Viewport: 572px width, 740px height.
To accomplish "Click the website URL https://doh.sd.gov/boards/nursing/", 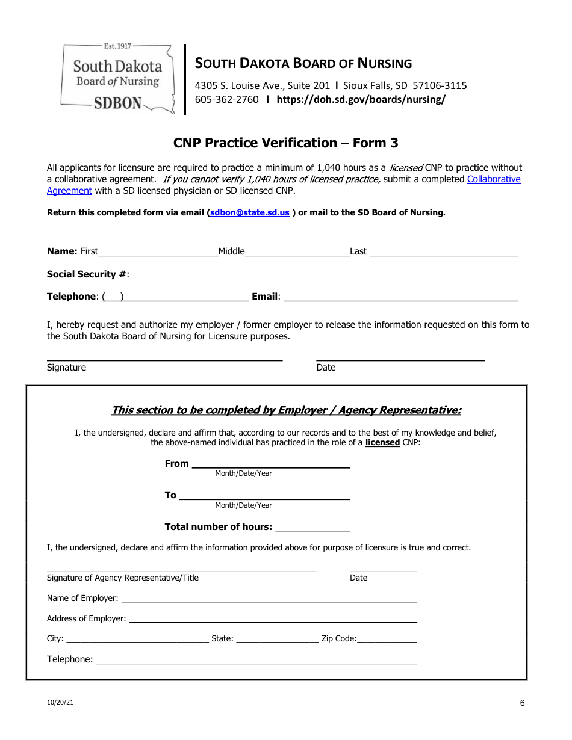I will tap(361, 100).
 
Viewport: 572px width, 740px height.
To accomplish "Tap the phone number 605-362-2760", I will tap(226, 100).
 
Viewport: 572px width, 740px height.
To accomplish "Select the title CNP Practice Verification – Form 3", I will tap(285, 143).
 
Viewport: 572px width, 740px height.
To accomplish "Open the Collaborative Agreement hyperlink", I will tap(494, 179).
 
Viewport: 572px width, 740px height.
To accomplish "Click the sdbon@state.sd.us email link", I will tap(249, 212).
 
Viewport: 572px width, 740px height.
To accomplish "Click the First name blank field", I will tap(158, 251).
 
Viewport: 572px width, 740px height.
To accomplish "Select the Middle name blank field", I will tap(297, 251).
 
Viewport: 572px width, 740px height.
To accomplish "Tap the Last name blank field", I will tap(443, 251).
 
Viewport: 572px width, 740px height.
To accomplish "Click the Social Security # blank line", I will tap(208, 274).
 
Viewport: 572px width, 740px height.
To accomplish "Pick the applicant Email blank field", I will tap(400, 296).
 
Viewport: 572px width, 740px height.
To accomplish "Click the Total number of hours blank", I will tap(312, 527).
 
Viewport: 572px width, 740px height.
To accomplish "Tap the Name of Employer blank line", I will tap(269, 598).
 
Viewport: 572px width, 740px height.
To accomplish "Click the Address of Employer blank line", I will tap(273, 618).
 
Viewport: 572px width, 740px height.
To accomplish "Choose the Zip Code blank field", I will tap(387, 638).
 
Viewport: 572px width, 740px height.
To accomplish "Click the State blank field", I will tap(277, 638).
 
